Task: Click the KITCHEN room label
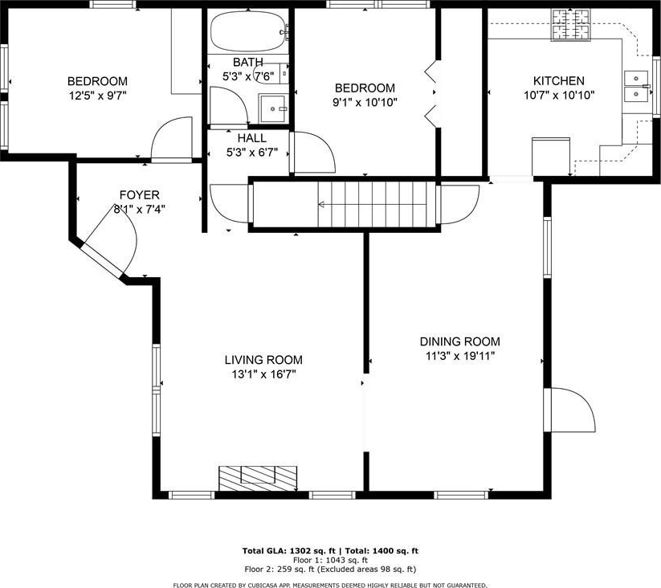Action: (x=558, y=80)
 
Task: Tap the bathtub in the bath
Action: (x=249, y=31)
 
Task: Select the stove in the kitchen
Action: (x=571, y=25)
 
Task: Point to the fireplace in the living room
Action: (x=258, y=479)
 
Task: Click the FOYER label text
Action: (x=140, y=195)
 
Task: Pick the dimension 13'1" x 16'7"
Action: (x=263, y=374)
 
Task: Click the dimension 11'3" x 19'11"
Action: (x=460, y=356)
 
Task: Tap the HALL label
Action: (x=251, y=138)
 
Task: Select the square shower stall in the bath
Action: (x=274, y=108)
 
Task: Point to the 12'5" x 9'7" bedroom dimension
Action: (x=98, y=96)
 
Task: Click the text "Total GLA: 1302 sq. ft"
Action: (x=289, y=550)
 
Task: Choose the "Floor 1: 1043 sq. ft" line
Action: (x=331, y=560)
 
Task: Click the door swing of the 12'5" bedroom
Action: (x=172, y=139)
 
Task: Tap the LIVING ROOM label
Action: (x=263, y=360)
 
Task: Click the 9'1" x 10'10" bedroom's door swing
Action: (x=314, y=153)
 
